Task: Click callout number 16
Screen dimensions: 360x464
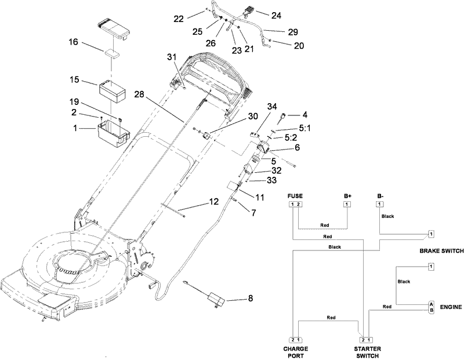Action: coord(74,42)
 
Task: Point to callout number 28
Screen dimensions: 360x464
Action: coord(139,94)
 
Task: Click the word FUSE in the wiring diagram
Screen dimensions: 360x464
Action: coord(295,196)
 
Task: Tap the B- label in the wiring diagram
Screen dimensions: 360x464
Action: coord(380,196)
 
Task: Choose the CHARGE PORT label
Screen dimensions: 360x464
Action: coord(296,352)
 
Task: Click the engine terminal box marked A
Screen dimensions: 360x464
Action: coord(431,304)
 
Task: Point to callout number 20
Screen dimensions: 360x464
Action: coord(282,45)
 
